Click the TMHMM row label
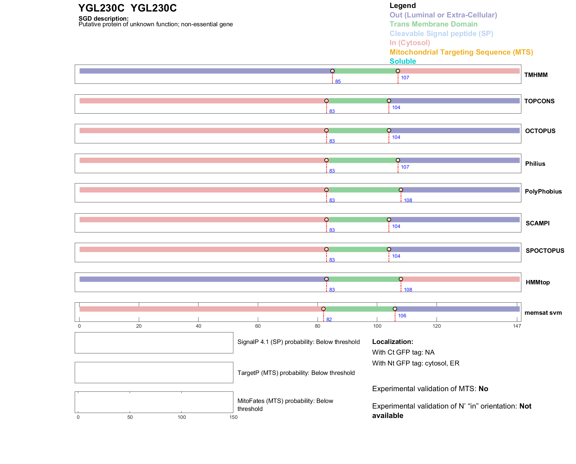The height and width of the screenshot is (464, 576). pyautogui.click(x=536, y=75)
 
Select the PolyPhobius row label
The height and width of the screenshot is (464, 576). pyautogui.click(x=543, y=191)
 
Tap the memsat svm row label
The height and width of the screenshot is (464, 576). pyautogui.click(x=543, y=313)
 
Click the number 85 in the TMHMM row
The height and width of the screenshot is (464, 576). pyautogui.click(x=338, y=81)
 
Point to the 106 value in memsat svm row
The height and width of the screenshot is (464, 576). pyautogui.click(x=402, y=316)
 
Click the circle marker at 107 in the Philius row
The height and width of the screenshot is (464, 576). pyautogui.click(x=398, y=160)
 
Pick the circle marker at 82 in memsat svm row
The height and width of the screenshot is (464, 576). pyautogui.click(x=323, y=309)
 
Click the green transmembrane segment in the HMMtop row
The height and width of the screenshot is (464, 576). pyautogui.click(x=363, y=279)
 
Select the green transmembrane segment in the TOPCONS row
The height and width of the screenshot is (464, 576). pyautogui.click(x=357, y=101)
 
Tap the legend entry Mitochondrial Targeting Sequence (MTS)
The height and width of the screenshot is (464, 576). pyautogui.click(x=461, y=52)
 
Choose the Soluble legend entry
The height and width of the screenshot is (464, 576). pyautogui.click(x=403, y=61)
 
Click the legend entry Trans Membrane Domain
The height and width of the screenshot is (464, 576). pyautogui.click(x=433, y=24)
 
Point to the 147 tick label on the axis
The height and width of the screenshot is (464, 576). pyautogui.click(x=517, y=326)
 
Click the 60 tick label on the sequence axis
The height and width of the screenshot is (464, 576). pyautogui.click(x=258, y=326)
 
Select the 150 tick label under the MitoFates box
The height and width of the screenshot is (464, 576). pyautogui.click(x=233, y=417)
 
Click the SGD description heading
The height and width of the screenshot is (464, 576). pyautogui.click(x=103, y=19)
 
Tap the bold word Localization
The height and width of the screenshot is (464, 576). pyautogui.click(x=392, y=342)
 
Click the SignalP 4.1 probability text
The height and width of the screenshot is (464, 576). pyautogui.click(x=298, y=342)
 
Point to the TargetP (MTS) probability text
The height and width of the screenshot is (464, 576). pyautogui.click(x=296, y=373)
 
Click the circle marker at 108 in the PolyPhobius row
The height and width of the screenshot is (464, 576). pyautogui.click(x=401, y=190)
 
